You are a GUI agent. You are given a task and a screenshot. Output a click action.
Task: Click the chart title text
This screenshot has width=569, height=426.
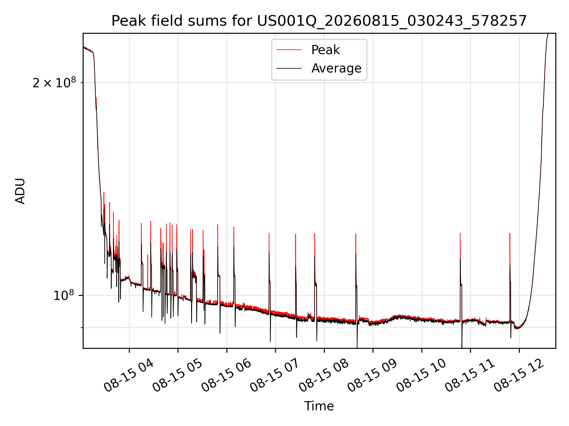point(319,21)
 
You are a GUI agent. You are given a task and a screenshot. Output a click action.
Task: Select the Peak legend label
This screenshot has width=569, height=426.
point(325,50)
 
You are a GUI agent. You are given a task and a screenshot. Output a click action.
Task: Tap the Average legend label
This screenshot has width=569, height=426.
point(336,68)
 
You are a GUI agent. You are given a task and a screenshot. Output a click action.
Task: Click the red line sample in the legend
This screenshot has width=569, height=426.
point(289,50)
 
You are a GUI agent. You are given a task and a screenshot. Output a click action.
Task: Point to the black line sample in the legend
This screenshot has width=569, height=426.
point(289,68)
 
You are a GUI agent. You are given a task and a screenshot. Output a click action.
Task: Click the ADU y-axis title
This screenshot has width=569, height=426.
point(20,191)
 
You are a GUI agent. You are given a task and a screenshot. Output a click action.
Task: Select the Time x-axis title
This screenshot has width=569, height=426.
point(319,406)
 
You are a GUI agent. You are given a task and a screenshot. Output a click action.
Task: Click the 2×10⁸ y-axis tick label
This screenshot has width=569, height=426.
point(54,83)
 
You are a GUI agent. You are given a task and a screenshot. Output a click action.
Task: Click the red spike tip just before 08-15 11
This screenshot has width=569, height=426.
point(460,233)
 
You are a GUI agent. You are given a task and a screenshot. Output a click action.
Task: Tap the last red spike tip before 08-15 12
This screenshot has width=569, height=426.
point(510,233)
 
